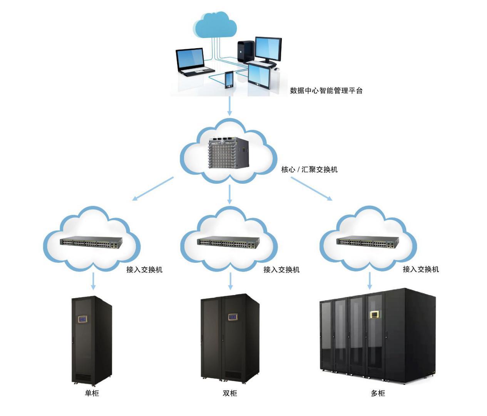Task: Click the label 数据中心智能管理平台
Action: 326,91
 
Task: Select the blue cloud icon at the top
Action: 215,24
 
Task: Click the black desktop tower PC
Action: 246,51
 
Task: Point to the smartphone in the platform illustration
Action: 229,80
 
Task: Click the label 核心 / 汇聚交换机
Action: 309,169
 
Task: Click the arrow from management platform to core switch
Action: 230,106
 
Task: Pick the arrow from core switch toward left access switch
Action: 153,189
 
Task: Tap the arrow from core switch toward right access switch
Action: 311,189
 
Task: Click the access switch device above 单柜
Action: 91,242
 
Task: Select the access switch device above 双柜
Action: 228,242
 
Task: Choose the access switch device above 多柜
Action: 368,241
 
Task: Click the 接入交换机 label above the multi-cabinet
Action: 420,269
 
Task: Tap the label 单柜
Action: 92,393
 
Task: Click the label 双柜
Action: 230,393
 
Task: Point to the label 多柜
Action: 378,393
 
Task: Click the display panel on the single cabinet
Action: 83,319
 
